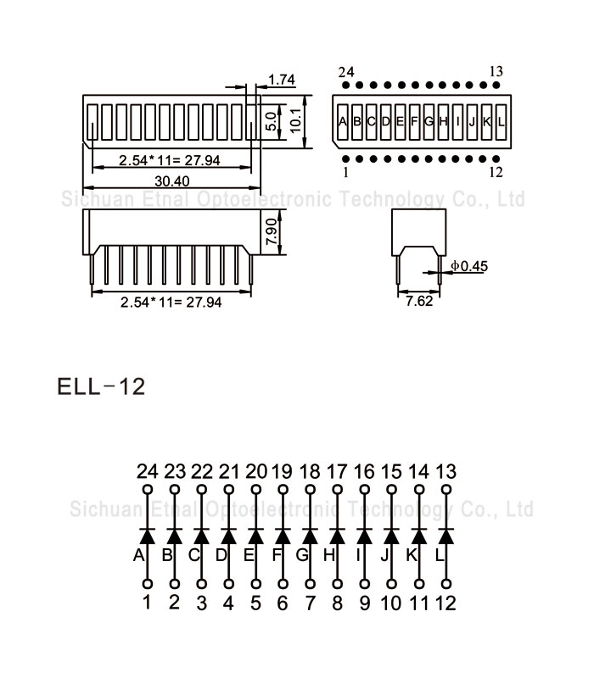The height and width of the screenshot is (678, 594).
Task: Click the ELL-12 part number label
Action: [x=101, y=387]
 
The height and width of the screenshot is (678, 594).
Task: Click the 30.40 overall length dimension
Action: [x=171, y=181]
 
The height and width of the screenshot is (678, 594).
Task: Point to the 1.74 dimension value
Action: [x=281, y=81]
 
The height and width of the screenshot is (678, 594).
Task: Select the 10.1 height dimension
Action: [x=296, y=121]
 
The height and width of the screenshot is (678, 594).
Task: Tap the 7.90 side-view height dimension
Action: [x=272, y=231]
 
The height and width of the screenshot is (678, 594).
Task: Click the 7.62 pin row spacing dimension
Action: [x=419, y=301]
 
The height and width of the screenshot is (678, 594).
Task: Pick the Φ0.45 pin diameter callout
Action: [x=469, y=267]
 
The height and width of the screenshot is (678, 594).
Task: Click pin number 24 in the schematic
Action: [x=147, y=471]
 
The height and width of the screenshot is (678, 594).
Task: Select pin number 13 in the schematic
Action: [x=445, y=471]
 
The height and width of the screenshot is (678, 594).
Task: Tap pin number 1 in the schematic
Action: [x=147, y=603]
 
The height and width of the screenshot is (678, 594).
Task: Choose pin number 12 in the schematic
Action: [x=445, y=603]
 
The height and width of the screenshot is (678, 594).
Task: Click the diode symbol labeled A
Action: [x=147, y=536]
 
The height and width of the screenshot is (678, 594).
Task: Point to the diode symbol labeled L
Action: [x=445, y=536]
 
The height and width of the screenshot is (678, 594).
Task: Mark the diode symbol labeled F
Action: [x=283, y=536]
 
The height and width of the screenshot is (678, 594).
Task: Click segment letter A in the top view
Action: [x=343, y=121]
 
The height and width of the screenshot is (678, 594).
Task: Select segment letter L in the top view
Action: [x=502, y=121]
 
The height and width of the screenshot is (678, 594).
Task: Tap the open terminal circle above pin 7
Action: [x=310, y=584]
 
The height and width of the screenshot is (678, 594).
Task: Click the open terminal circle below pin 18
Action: [x=310, y=490]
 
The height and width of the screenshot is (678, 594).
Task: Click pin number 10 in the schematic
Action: [x=391, y=603]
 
